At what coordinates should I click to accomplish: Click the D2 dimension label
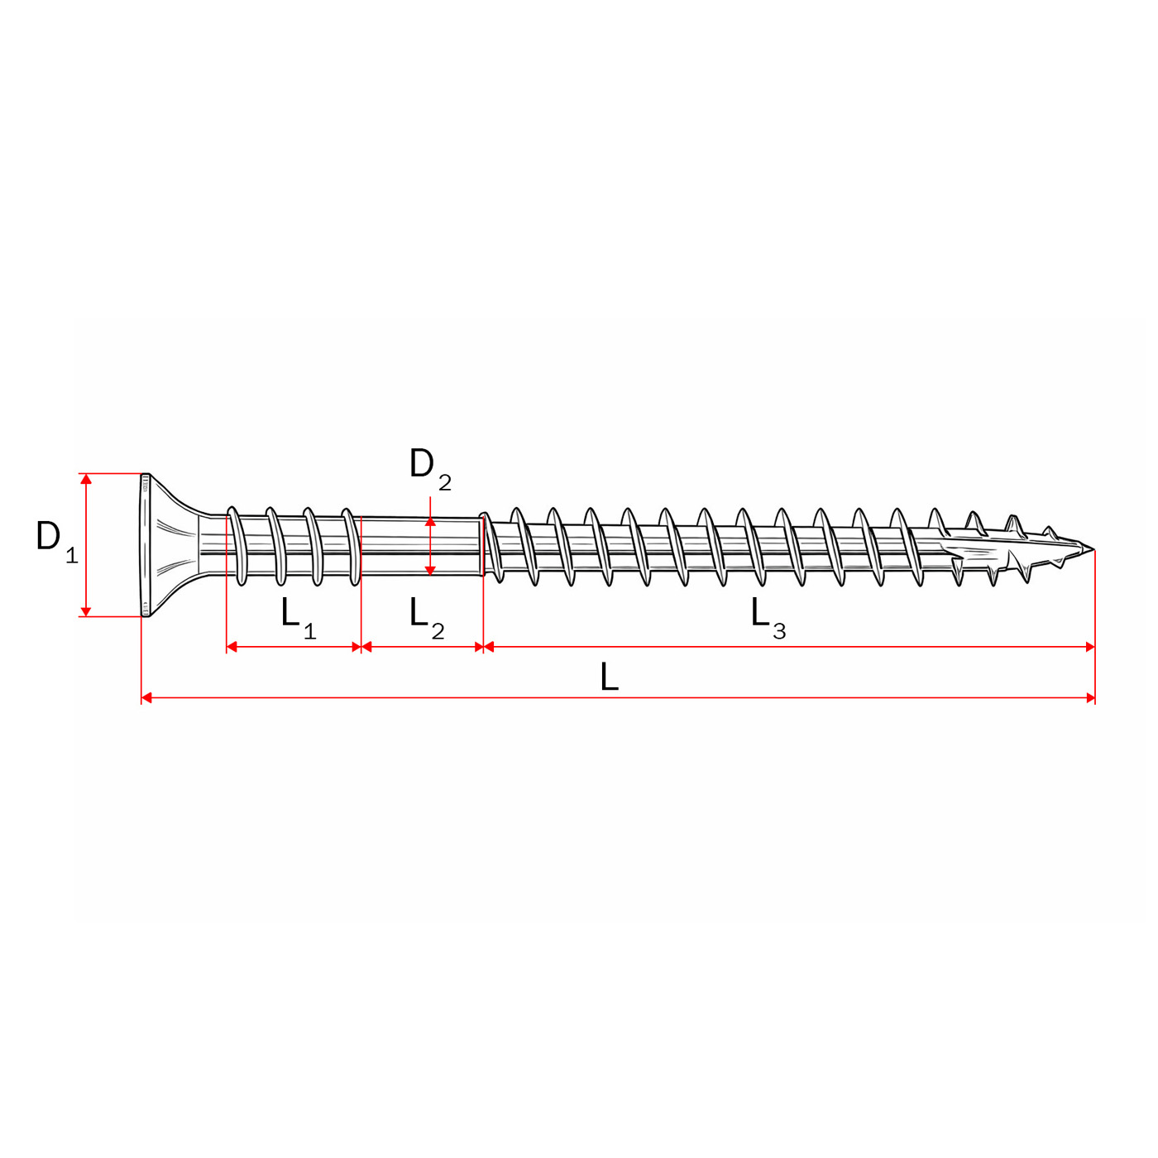pos(429,467)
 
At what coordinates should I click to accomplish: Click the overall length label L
pos(609,677)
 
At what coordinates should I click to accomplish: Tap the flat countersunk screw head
pos(165,545)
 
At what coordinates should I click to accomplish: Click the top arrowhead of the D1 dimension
pos(85,480)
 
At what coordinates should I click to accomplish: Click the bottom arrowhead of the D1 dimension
pos(85,610)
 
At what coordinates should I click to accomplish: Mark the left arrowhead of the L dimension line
pos(147,698)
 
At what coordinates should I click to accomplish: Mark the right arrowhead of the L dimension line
pos(1089,698)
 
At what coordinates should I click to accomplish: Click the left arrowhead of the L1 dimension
pos(232,647)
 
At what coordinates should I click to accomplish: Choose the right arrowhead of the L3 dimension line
pos(1089,647)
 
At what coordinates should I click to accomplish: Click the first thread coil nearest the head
pos(237,546)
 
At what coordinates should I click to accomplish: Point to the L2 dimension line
pos(422,647)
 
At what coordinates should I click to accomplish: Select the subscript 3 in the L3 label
pos(779,632)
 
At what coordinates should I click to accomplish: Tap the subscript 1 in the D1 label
pos(72,556)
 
